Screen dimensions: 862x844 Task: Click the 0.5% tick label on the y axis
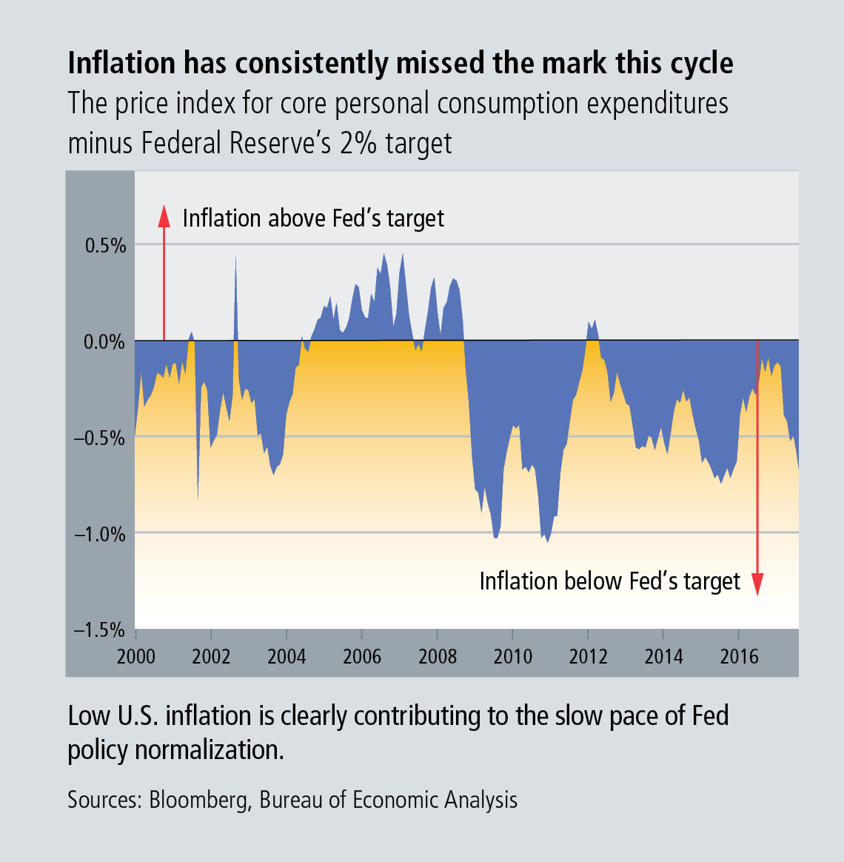point(105,246)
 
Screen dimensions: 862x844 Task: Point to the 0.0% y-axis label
point(104,342)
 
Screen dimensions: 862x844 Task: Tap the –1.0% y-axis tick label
point(99,535)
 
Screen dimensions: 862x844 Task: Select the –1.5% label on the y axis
point(99,630)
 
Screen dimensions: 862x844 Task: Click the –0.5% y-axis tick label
point(99,438)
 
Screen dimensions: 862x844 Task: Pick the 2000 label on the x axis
point(136,657)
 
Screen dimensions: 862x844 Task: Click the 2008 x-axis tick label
point(438,657)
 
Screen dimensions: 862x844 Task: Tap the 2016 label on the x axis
point(739,657)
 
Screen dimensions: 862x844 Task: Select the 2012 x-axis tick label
point(588,657)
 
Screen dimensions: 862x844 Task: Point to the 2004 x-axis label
point(287,657)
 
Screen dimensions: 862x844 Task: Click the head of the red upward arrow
point(164,215)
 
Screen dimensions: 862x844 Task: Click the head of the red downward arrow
point(757,585)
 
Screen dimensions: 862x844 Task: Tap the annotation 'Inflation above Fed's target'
point(313,218)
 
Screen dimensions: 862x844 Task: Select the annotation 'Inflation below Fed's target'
point(609,581)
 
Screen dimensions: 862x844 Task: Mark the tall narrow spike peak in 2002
point(235,258)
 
